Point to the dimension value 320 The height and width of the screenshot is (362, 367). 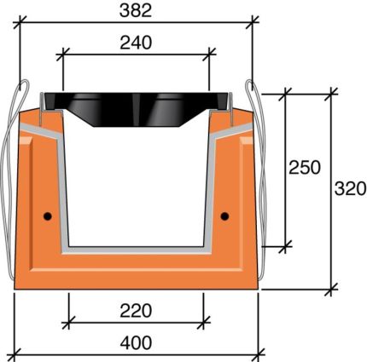349,187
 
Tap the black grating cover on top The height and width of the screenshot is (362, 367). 137,103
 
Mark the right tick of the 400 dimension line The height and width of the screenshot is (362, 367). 258,353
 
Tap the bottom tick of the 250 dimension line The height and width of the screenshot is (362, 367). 284,245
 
